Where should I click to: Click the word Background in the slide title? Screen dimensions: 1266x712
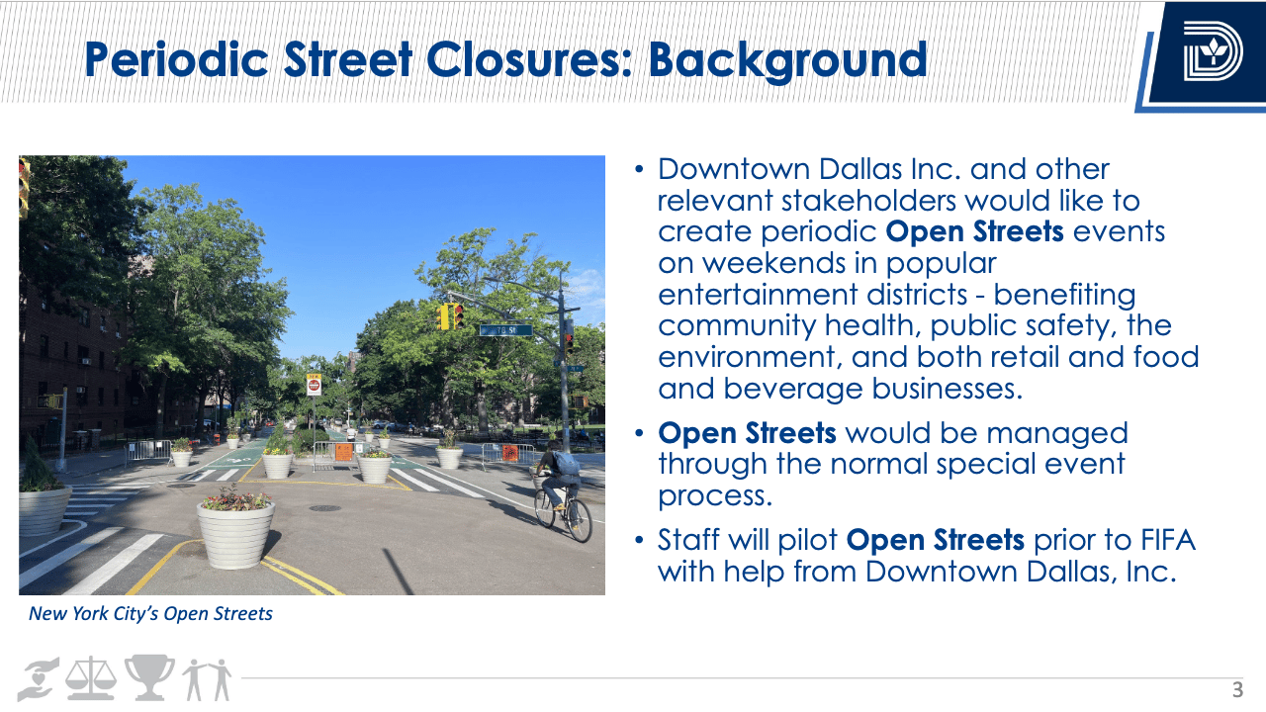pos(788,60)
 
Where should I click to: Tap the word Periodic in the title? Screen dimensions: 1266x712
pos(176,59)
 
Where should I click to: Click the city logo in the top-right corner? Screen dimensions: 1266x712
pos(1213,50)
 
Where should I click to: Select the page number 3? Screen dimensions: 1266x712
pos(1237,690)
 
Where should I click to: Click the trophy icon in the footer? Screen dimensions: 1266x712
pos(149,677)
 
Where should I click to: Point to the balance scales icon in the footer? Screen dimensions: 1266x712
pos(91,678)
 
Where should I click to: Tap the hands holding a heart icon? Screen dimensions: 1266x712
pos(39,679)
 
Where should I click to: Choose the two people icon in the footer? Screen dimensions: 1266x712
pos(207,679)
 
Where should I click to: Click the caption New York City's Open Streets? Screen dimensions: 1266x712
pos(151,614)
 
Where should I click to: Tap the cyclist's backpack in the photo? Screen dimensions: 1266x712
pos(566,463)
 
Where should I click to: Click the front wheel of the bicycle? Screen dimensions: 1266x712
pos(579,520)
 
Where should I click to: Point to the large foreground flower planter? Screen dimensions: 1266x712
pos(235,531)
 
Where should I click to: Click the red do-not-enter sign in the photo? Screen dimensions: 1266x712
pos(315,386)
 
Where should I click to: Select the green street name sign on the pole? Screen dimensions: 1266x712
pos(505,330)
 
